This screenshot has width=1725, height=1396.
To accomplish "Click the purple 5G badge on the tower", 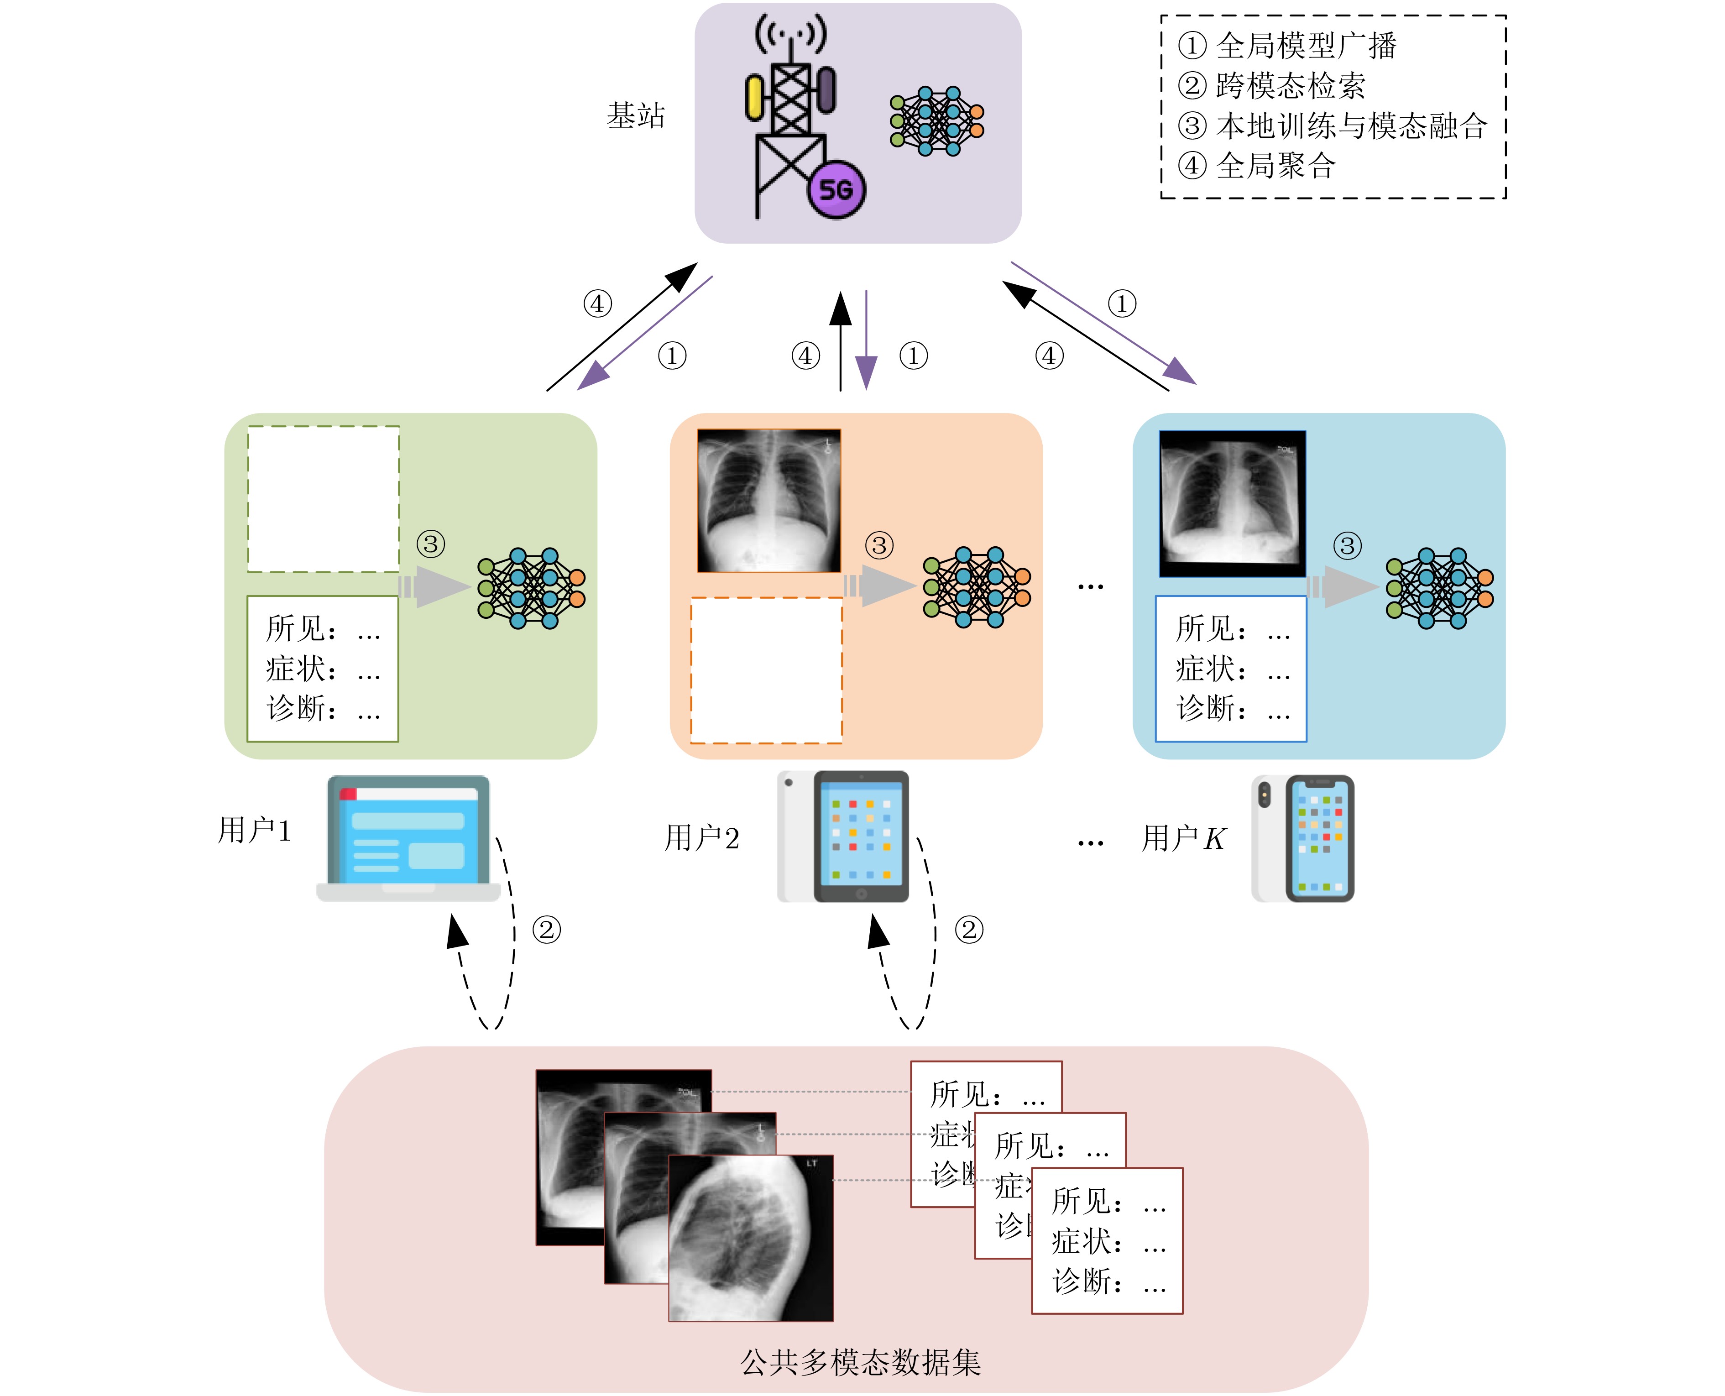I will coord(836,190).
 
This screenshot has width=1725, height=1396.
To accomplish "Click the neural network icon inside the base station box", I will coord(937,120).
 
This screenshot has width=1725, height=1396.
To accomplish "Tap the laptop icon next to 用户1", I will coord(408,839).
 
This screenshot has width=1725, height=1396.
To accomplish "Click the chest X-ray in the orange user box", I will coord(769,500).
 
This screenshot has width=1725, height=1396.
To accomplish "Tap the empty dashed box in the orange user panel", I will coord(766,670).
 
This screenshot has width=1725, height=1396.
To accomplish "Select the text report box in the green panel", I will coord(323,668).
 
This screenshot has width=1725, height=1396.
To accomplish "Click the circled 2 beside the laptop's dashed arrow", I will coord(547,931).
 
